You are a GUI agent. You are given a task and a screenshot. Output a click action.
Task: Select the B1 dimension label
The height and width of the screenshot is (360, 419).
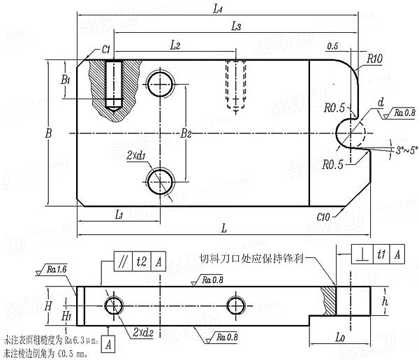65,80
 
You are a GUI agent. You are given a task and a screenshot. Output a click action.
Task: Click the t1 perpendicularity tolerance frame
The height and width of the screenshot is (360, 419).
371,254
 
